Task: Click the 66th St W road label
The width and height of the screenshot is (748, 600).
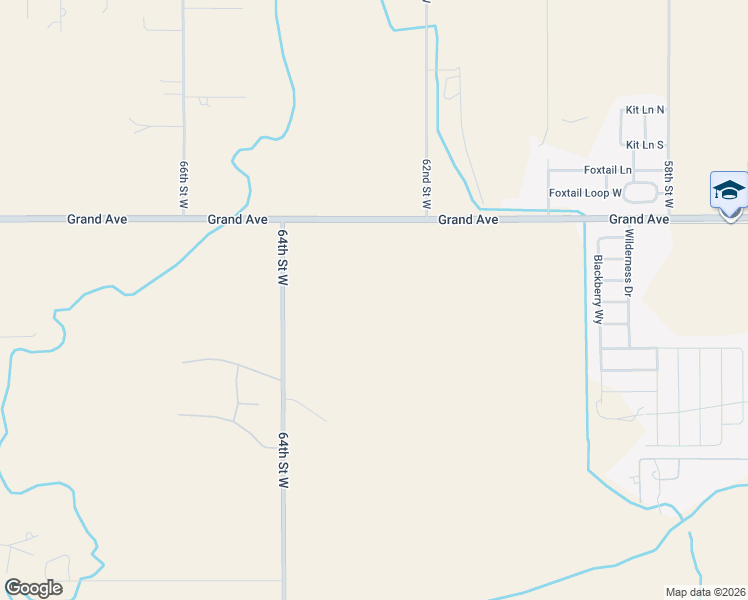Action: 184,184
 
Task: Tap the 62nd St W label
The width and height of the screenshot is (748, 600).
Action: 426,183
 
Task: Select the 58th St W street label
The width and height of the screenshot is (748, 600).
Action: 668,183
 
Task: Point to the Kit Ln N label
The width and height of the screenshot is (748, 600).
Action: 645,110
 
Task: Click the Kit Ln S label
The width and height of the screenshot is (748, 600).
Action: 645,146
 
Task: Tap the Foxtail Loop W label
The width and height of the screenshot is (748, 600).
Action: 585,193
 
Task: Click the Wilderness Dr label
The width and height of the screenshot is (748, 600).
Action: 629,263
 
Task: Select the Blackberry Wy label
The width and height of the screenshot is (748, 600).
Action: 598,288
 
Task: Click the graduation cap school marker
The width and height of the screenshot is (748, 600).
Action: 729,191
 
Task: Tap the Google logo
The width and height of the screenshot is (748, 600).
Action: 33,588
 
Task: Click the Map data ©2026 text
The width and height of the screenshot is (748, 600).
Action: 706,591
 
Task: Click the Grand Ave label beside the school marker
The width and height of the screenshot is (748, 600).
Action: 639,219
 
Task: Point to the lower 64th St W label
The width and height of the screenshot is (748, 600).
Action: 283,460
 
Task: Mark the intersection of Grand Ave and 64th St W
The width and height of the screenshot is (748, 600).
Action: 283,218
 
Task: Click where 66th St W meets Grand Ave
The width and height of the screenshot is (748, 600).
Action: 184,218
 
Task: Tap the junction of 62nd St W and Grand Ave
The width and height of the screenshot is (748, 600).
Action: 427,218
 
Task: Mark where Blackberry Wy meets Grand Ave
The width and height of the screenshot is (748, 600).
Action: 586,218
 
